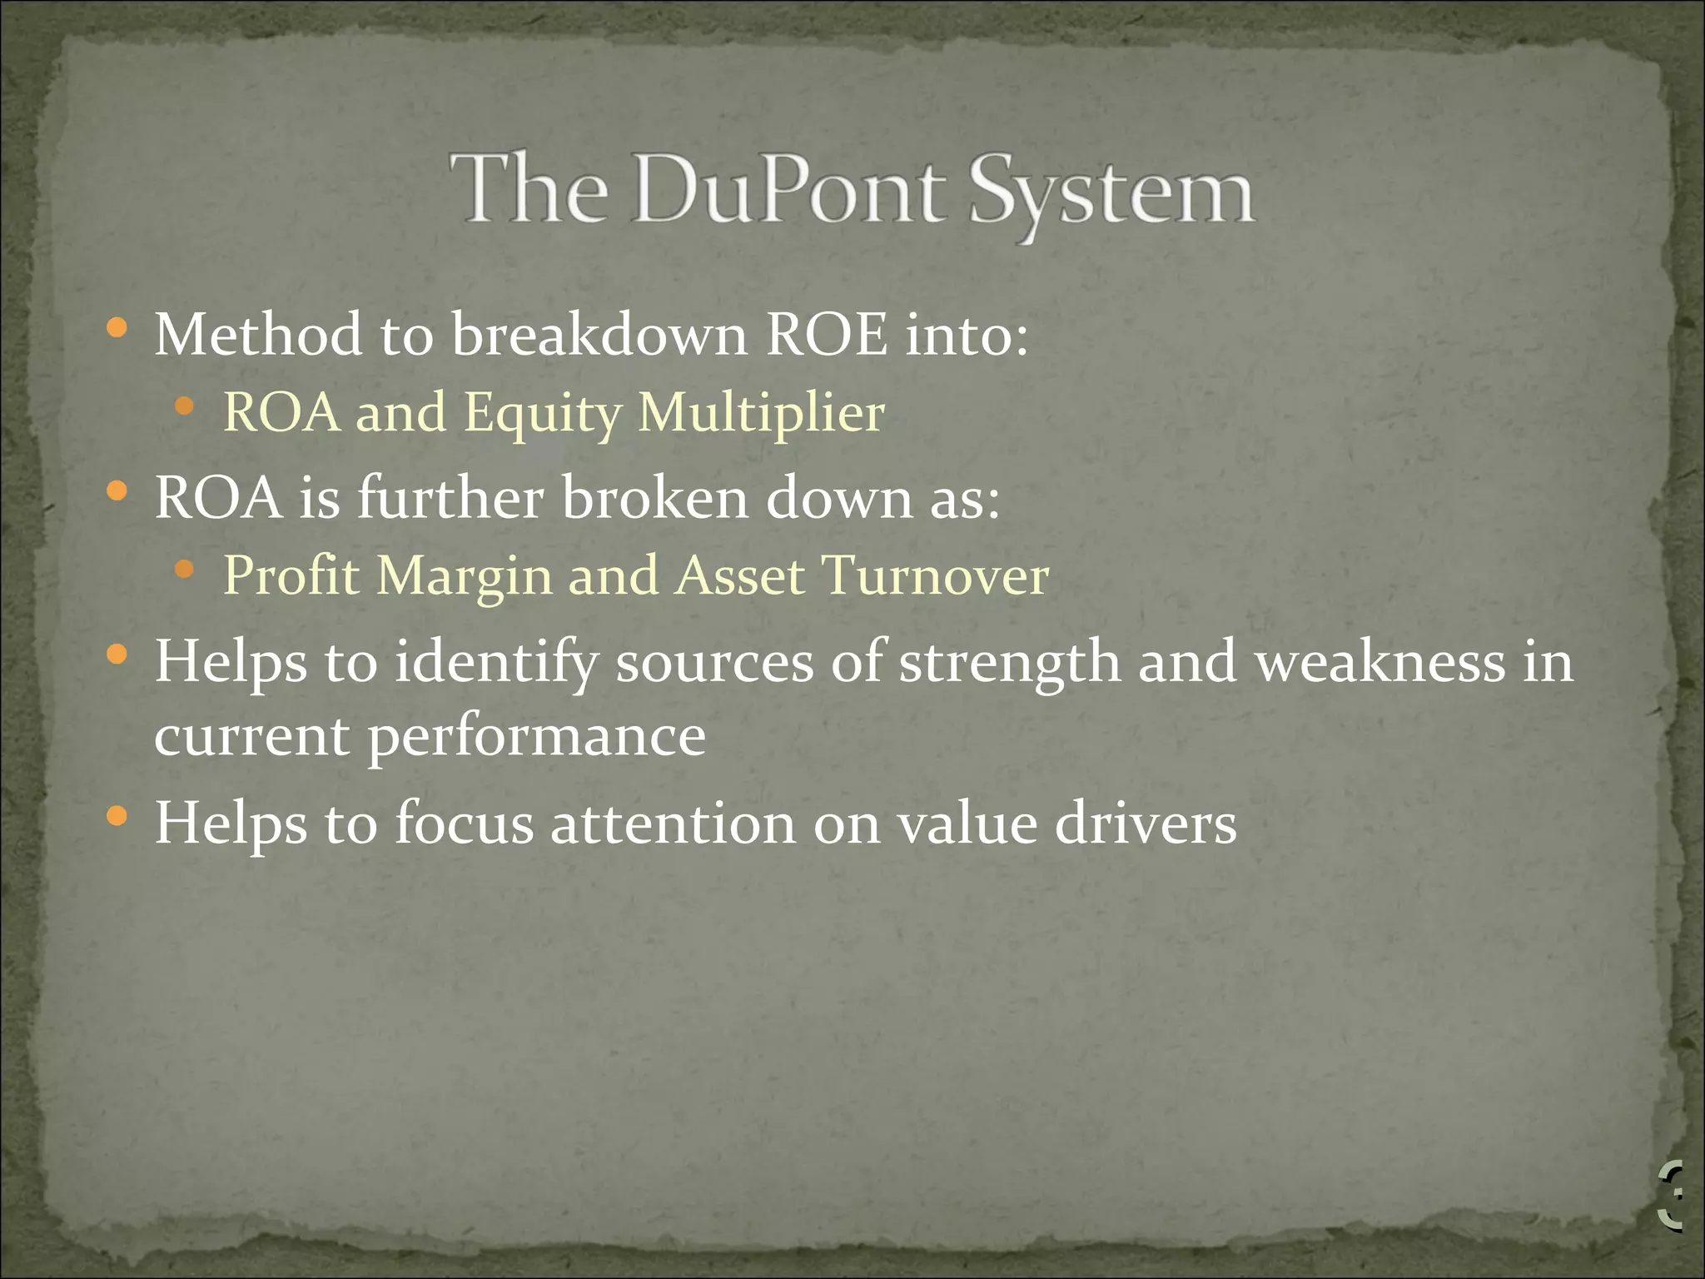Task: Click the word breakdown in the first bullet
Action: [x=599, y=335]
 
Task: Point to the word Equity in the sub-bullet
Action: [x=542, y=413]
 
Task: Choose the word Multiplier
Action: [x=761, y=413]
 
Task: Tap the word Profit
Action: [x=291, y=575]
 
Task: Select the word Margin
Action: [x=465, y=577]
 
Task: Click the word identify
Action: [x=496, y=664]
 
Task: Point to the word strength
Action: [x=1010, y=664]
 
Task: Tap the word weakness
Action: [x=1380, y=662]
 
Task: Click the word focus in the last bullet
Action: [x=464, y=823]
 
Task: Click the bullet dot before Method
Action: [x=117, y=328]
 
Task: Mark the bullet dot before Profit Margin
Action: [x=185, y=570]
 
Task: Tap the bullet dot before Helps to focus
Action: [x=117, y=816]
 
